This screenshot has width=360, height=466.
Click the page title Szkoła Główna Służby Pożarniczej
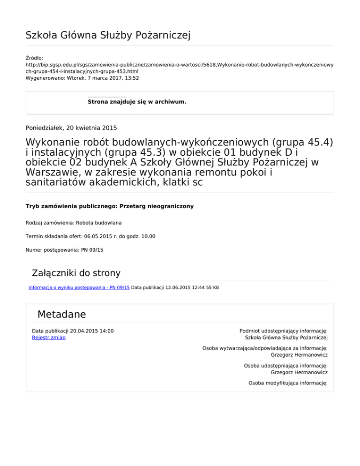coord(108,35)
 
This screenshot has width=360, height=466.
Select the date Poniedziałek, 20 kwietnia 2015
coord(71,127)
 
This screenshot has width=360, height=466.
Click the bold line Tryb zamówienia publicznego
coord(109,206)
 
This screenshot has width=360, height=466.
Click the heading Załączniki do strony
coord(76,273)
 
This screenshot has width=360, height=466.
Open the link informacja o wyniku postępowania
coord(79,287)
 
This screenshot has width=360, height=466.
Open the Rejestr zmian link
coord(49,337)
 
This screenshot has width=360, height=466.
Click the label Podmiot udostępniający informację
coord(283,331)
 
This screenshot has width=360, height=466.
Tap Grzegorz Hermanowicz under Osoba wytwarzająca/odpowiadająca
coord(299,355)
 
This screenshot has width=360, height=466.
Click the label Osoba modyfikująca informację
coord(288,383)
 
